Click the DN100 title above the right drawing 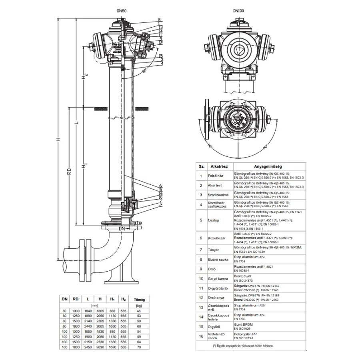pos(240,12)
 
